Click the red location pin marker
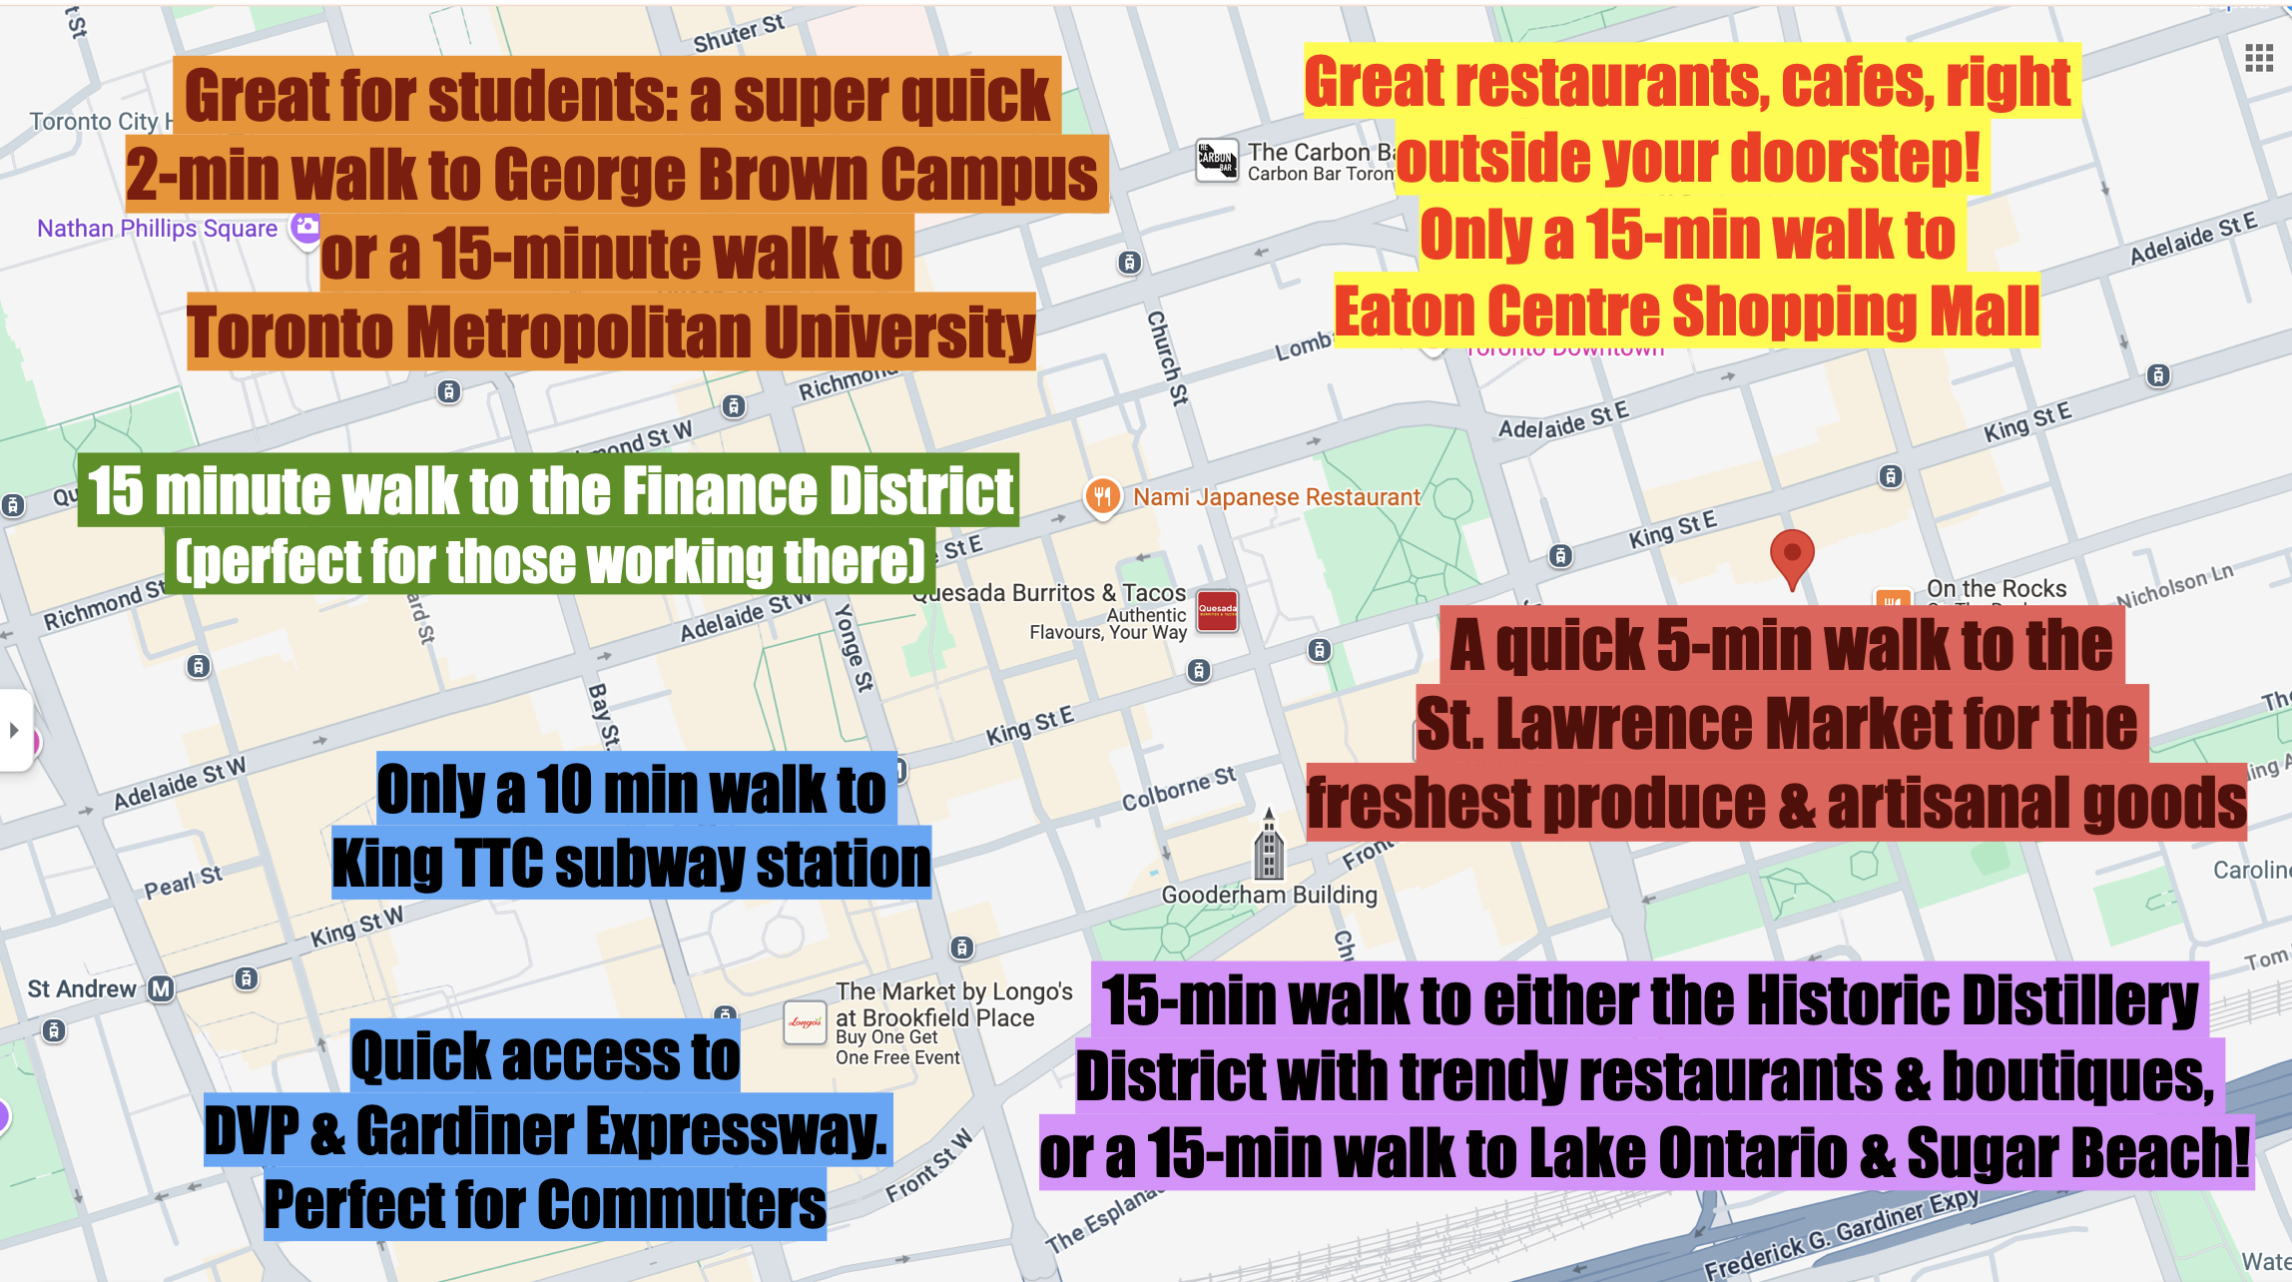[1792, 556]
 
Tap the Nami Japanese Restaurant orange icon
[1102, 496]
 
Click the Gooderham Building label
[1269, 895]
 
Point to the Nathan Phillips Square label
[157, 229]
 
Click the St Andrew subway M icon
[161, 988]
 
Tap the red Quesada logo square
[1217, 610]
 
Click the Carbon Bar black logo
[1217, 160]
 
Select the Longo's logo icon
[805, 1022]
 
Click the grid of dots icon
[2258, 59]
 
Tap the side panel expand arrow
[14, 730]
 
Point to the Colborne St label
[1179, 789]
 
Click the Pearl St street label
[183, 882]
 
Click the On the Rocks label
[1996, 588]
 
